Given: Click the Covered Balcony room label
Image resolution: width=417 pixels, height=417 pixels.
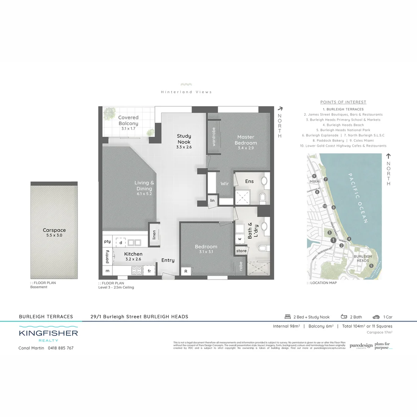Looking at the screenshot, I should click(129, 120).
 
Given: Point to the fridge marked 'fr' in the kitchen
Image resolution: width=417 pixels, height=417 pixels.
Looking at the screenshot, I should click(149, 271).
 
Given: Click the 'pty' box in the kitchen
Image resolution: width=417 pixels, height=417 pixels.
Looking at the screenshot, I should click(107, 242).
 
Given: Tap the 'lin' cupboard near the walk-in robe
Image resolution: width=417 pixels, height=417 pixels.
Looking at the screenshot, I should click(212, 200).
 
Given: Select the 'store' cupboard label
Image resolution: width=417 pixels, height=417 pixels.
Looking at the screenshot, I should click(241, 251).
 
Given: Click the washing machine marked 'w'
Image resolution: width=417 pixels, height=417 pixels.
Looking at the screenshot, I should click(240, 239).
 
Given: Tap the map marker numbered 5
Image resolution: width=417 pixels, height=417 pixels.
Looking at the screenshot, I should click(371, 266).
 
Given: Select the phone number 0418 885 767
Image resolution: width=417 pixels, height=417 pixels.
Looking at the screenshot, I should click(61, 348).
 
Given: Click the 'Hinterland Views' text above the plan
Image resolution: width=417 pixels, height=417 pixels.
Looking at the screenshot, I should click(186, 92).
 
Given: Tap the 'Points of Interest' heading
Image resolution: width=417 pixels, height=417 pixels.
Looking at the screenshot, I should click(343, 102).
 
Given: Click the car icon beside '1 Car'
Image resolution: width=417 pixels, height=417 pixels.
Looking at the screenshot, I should click(376, 317).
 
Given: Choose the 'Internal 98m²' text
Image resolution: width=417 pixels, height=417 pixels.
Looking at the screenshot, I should click(286, 326).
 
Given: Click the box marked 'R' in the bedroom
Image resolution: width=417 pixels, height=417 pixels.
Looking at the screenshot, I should click(186, 271).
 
